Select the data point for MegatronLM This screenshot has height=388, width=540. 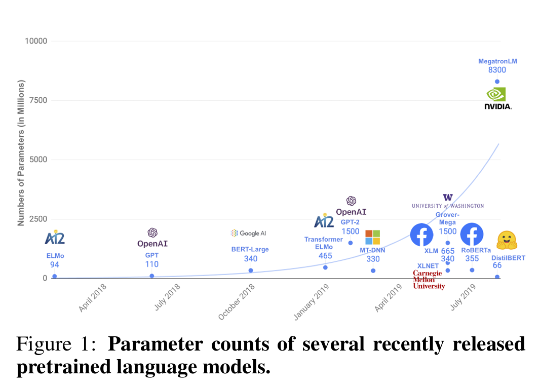[497, 82]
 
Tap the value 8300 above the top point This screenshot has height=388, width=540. [497, 70]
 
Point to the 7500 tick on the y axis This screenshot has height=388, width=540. [38, 100]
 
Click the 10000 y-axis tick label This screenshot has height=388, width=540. [36, 41]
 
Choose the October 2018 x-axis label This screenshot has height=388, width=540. [237, 301]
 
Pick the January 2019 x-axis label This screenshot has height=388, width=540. [312, 302]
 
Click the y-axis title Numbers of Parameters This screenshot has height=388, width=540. [21, 153]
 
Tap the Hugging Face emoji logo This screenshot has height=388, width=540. [507, 240]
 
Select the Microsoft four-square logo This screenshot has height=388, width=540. [372, 237]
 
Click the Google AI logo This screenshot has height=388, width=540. [248, 233]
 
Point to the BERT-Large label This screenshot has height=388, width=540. [250, 249]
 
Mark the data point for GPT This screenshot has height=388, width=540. [152, 276]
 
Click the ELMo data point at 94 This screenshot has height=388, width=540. [54, 276]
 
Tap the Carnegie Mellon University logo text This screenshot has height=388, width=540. [429, 280]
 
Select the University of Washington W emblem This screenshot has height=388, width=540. [448, 197]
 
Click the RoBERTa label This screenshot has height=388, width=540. [476, 250]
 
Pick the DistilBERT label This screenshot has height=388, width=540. [508, 258]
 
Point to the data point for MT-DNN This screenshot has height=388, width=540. [373, 270]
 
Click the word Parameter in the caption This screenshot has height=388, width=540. [156, 344]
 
